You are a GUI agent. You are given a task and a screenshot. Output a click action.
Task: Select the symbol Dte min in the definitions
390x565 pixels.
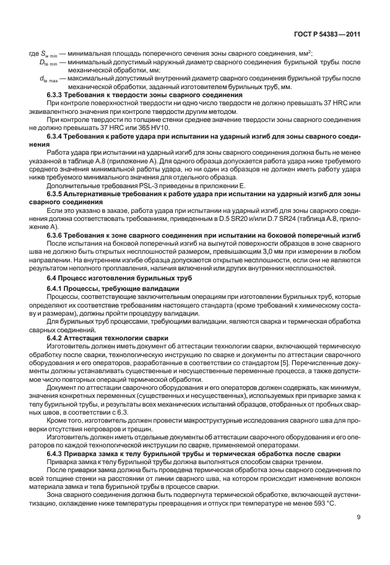pyautogui.click(x=50, y=63)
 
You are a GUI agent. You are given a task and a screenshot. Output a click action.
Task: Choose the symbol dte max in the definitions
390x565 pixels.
pyautogui.click(x=50, y=79)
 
